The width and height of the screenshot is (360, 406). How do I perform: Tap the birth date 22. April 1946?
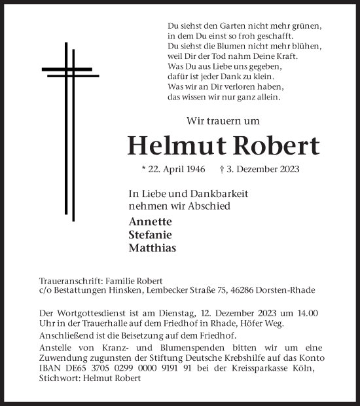pos(173,169)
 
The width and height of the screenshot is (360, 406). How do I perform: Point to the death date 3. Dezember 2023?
pos(260,169)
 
